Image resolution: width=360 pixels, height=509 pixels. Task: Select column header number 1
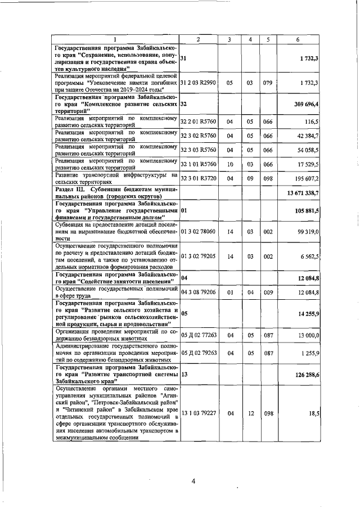coord(115,39)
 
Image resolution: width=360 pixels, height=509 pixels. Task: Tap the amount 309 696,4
coord(305,105)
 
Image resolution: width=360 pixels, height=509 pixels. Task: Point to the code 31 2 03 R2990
coord(199,83)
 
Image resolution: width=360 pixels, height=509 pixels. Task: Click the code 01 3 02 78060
coord(199,231)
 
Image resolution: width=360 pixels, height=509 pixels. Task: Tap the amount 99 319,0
coord(307,231)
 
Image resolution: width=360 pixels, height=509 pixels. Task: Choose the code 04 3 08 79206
coord(199,292)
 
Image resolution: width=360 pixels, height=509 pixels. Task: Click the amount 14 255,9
coord(307,313)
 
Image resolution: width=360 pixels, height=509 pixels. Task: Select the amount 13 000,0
coord(307,335)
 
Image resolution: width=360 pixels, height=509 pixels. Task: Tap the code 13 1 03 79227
coord(199,413)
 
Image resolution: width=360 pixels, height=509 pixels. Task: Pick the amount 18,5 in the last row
coord(314,413)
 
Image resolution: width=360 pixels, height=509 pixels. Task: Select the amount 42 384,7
coord(307,136)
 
